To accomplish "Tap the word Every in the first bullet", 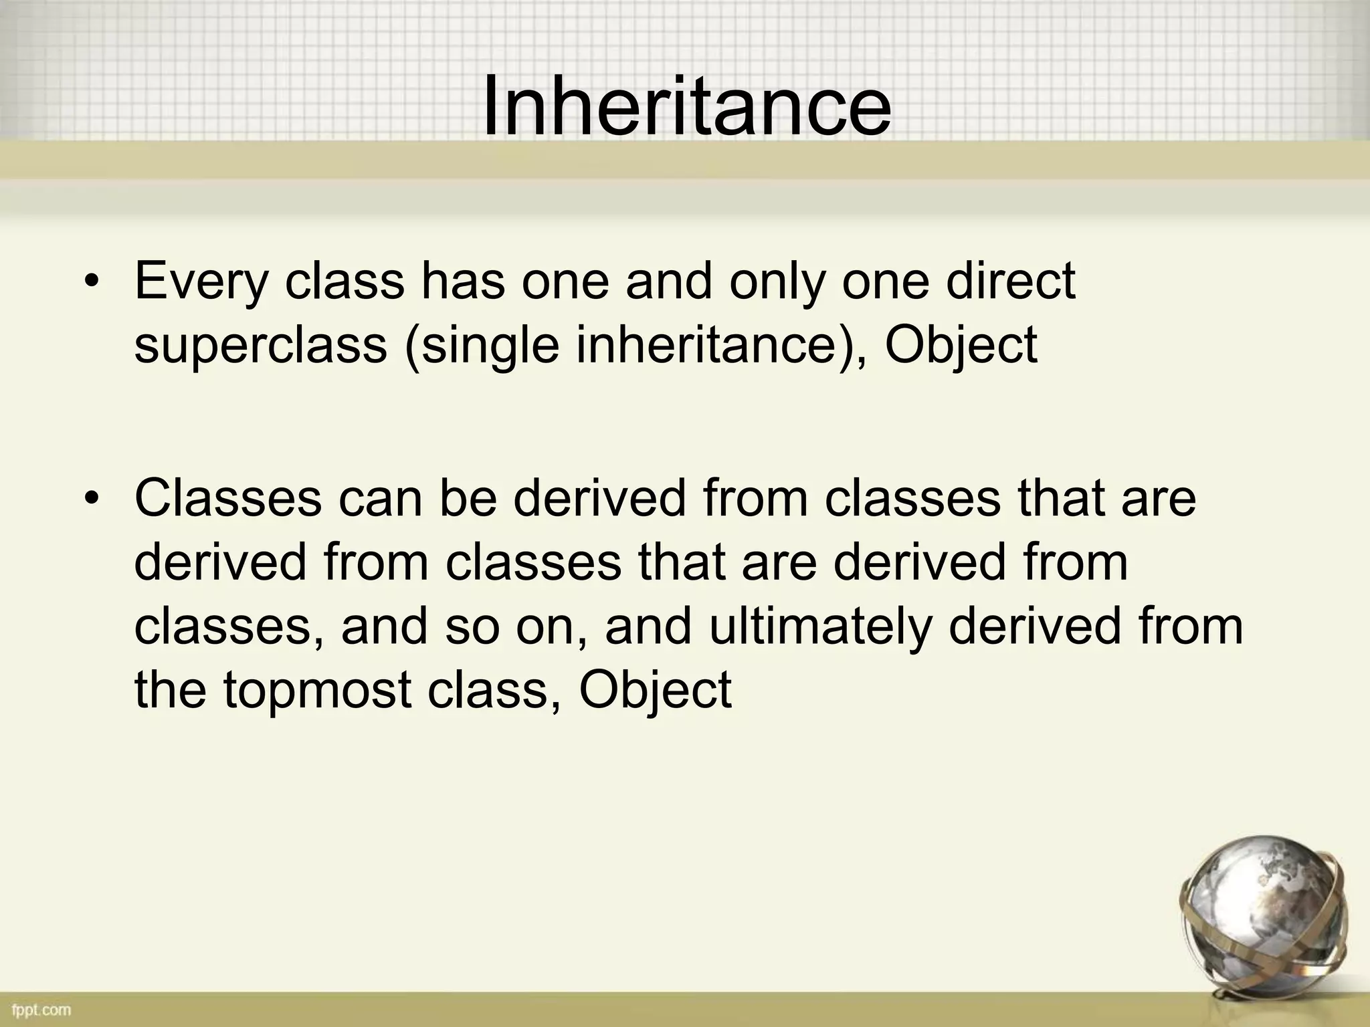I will click(x=201, y=282).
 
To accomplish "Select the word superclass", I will click(x=261, y=346).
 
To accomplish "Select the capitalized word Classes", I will click(x=228, y=499).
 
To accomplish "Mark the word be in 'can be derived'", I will click(x=468, y=499).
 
